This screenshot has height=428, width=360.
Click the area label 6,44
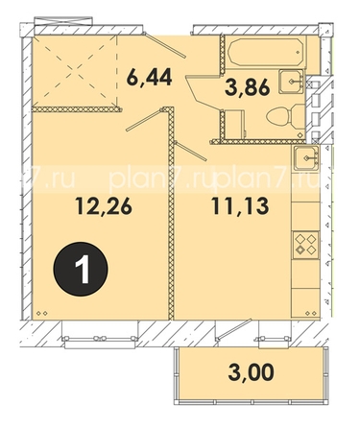(150, 78)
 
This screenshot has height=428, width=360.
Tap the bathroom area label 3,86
(248, 87)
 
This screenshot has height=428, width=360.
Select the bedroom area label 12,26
(104, 206)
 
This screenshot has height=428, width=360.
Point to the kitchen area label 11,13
(240, 206)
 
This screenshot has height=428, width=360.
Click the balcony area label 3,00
(252, 372)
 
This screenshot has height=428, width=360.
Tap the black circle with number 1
(81, 268)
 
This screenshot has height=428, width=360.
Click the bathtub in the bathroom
(265, 52)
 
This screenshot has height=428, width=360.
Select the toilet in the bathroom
(285, 116)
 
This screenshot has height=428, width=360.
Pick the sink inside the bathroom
(291, 82)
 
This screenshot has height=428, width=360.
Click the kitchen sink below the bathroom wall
(306, 157)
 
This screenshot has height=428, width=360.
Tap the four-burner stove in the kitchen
(306, 245)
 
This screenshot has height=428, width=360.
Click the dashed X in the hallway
(75, 71)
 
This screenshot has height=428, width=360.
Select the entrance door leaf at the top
(164, 44)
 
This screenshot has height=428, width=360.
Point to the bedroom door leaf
(145, 119)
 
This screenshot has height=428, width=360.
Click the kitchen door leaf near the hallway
(191, 151)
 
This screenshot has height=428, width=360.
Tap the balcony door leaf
(233, 329)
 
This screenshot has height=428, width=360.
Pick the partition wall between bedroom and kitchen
(171, 214)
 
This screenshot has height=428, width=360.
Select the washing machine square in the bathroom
(235, 124)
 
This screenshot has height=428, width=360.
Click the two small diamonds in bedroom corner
(41, 313)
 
